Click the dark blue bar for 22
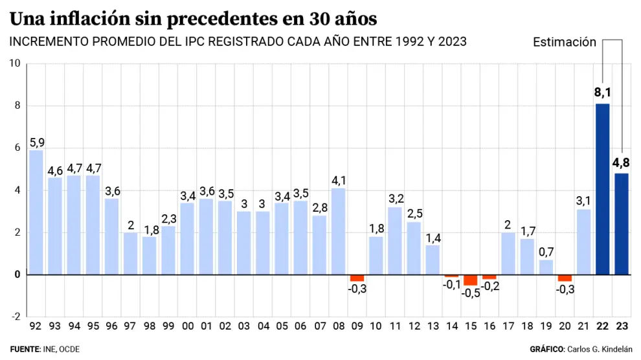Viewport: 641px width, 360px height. pos(602,189)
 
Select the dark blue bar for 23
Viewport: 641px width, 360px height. pos(622,224)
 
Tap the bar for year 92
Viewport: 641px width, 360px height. pos(36,212)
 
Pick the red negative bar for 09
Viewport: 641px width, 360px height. pos(357,278)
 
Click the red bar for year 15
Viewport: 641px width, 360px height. pos(470,280)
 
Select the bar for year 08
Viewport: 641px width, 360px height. pos(338,231)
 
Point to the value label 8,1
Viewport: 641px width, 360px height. pos(603,93)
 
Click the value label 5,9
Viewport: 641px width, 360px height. pos(36,142)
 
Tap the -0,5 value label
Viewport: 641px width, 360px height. pos(470,293)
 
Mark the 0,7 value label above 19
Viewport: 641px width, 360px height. pos(546,251)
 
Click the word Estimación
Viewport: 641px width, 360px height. pos(564,42)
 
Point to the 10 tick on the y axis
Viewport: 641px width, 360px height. pos(15,63)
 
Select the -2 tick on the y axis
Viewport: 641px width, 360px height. pos(15,317)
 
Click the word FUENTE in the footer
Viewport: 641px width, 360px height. pos(25,349)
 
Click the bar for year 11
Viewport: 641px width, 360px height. pos(395,241)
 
